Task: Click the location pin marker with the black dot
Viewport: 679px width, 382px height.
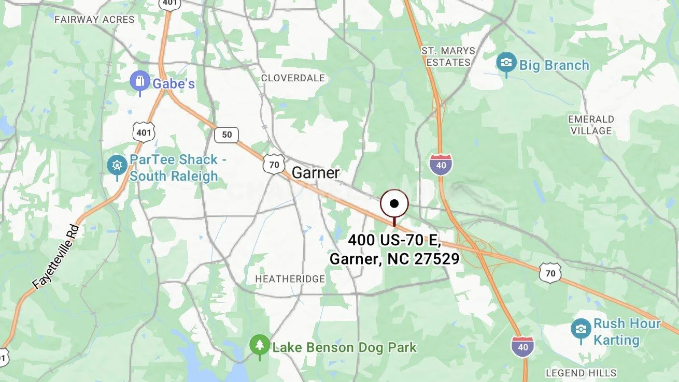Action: (394, 204)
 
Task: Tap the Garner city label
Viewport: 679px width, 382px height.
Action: (316, 173)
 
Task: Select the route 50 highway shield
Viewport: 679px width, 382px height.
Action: (227, 135)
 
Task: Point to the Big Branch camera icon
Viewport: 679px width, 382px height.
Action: (506, 63)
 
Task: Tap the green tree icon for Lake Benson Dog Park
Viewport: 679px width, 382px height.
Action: (259, 345)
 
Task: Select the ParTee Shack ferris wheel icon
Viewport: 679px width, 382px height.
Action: (117, 166)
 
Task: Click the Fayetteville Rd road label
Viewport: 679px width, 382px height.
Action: (56, 257)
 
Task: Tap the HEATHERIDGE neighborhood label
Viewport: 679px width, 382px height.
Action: (290, 279)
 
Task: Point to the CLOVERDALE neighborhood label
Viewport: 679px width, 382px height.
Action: (293, 78)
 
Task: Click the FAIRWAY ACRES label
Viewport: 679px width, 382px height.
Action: (94, 20)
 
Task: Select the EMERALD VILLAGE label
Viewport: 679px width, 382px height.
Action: (591, 125)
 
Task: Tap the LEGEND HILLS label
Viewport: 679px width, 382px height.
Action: (581, 373)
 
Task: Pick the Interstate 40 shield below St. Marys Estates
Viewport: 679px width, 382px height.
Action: (441, 164)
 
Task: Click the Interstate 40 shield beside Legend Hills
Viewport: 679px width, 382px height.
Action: (522, 347)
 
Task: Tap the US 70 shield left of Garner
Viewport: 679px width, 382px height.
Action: (274, 164)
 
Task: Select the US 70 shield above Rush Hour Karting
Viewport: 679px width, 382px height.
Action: (550, 272)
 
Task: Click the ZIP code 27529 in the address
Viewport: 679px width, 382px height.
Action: (437, 259)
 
